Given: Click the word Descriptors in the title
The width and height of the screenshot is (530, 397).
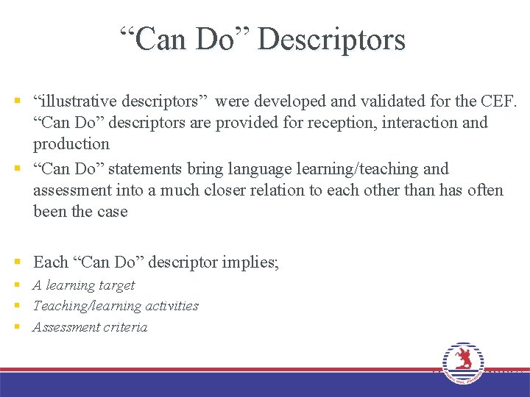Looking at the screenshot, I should (331, 39).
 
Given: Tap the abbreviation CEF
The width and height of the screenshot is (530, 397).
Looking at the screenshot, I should (500, 100).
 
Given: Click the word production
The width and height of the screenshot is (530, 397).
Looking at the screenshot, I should (71, 143).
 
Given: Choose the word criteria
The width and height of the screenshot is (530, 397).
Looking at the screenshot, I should (124, 327).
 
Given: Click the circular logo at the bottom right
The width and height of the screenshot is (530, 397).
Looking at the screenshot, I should (463, 363).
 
